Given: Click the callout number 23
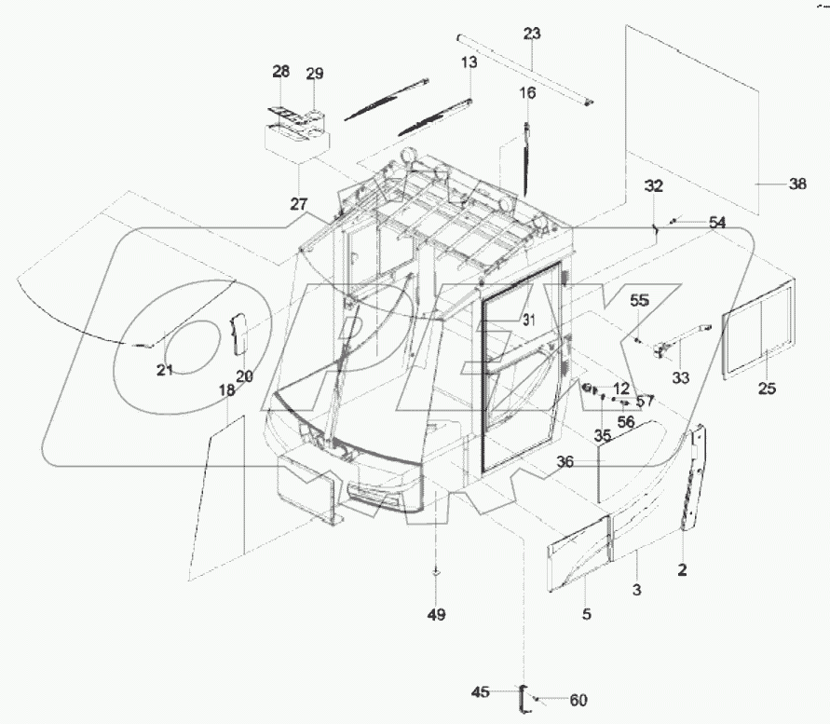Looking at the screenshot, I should point(531,34).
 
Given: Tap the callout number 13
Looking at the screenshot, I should point(469,62).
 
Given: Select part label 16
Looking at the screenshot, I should point(527,93).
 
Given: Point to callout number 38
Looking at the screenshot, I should point(797,184).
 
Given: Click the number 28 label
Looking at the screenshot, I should point(281,72).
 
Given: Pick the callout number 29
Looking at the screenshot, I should point(315,74).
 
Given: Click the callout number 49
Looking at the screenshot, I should point(436,615).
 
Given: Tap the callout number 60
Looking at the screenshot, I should point(578,700).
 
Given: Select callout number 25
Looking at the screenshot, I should point(767,389).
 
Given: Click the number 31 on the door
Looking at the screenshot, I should point(530,320).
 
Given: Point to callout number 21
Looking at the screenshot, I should point(165,370).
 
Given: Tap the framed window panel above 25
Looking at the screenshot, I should point(760,327).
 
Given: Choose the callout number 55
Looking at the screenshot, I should point(638,300).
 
